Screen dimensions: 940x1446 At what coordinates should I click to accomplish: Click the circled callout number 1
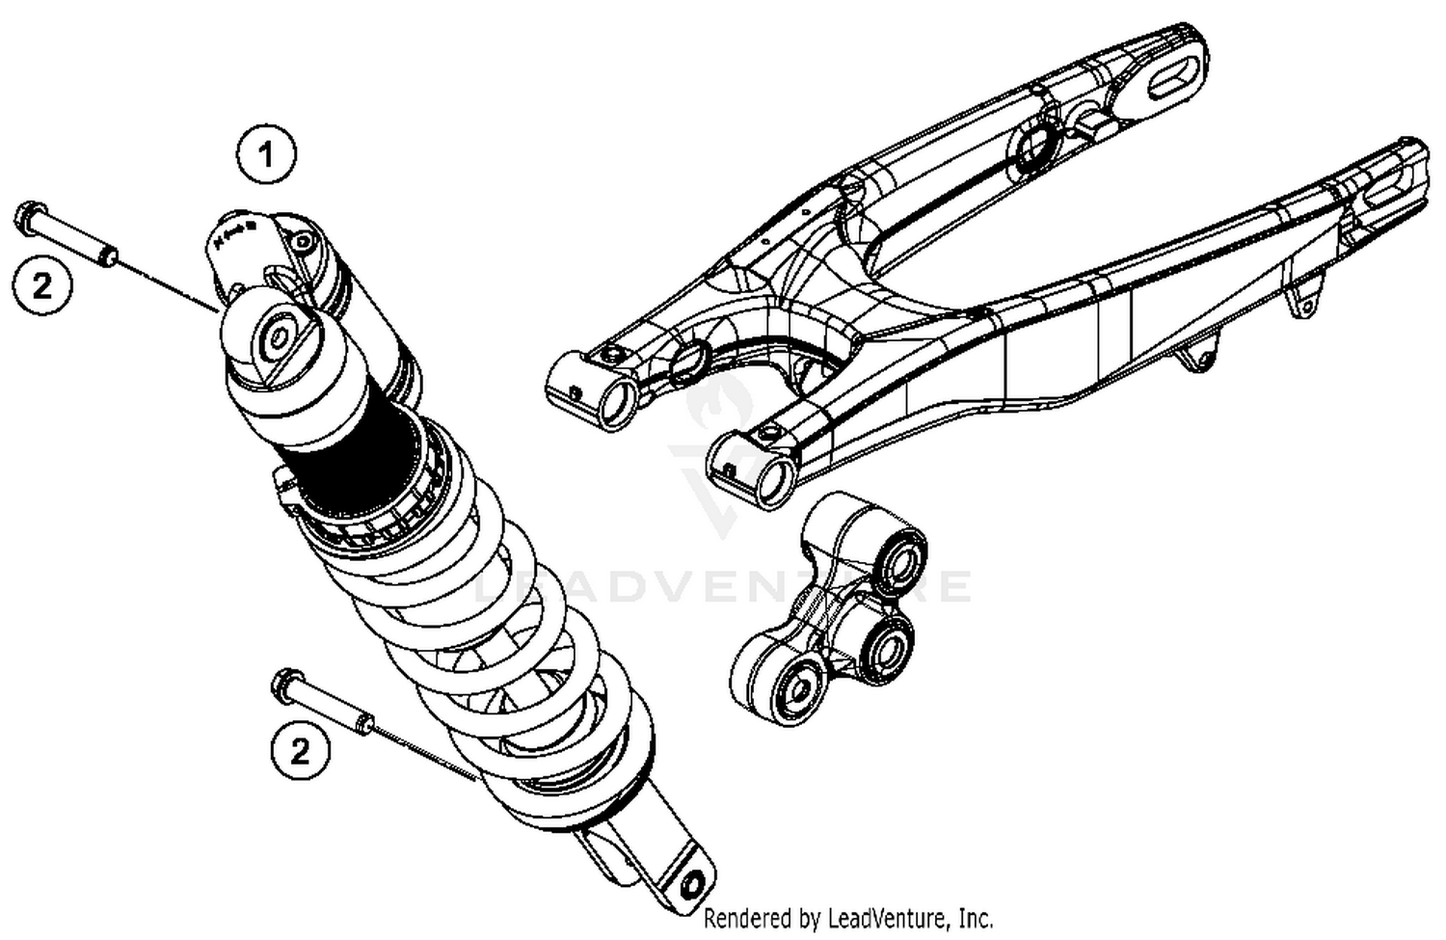(266, 154)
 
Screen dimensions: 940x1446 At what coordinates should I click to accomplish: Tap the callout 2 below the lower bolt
(300, 749)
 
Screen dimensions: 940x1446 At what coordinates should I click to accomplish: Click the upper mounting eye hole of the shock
(280, 336)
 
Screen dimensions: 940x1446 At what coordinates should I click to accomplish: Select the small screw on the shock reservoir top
(305, 242)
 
